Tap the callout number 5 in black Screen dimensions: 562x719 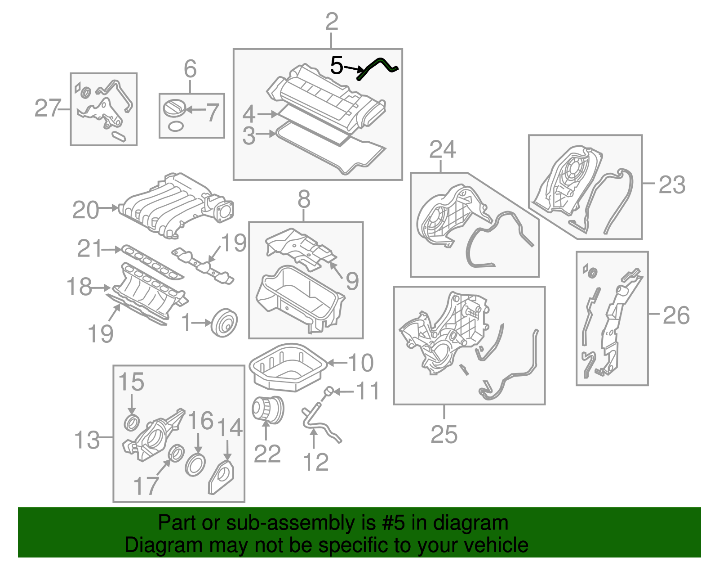click(337, 66)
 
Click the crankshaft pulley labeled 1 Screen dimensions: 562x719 click(224, 322)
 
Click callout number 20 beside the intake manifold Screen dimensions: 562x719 click(85, 210)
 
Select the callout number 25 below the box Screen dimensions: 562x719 click(444, 434)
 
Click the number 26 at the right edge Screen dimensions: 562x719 click(675, 315)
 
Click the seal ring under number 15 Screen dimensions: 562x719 click(131, 423)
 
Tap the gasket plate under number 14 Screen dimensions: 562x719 click(221, 477)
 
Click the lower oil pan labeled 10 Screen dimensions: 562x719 click(288, 367)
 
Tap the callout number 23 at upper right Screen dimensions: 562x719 click(672, 185)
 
